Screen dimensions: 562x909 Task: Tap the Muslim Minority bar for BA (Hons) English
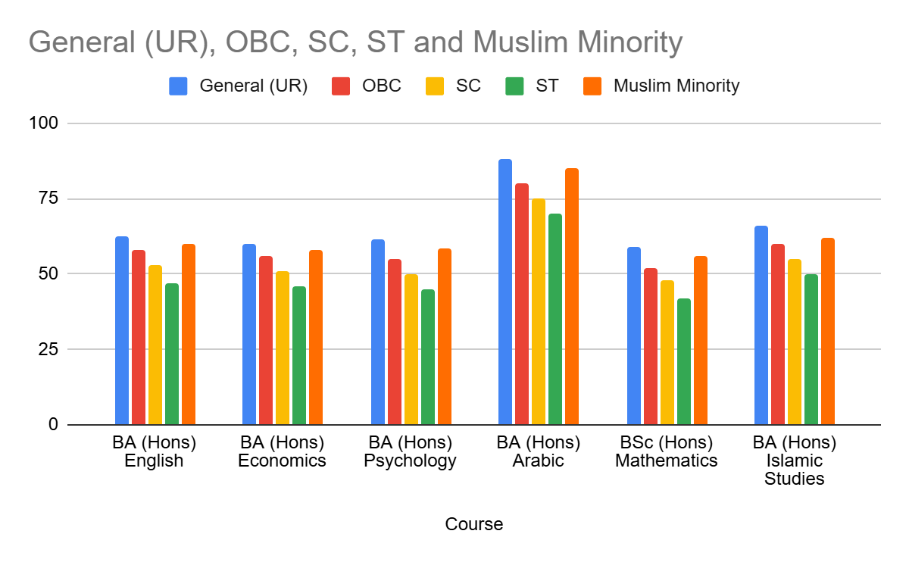[189, 334]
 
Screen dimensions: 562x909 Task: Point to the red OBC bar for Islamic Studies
[778, 334]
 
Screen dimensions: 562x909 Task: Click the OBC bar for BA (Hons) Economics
[266, 340]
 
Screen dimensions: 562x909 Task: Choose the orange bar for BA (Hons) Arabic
[572, 296]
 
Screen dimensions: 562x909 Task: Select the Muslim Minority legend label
[676, 86]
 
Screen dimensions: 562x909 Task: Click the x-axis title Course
[473, 524]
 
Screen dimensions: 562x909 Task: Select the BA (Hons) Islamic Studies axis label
[795, 461]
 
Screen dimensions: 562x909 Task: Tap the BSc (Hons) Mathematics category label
[667, 451]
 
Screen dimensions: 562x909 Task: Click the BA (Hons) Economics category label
[282, 451]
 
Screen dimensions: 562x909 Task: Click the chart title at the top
[355, 42]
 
